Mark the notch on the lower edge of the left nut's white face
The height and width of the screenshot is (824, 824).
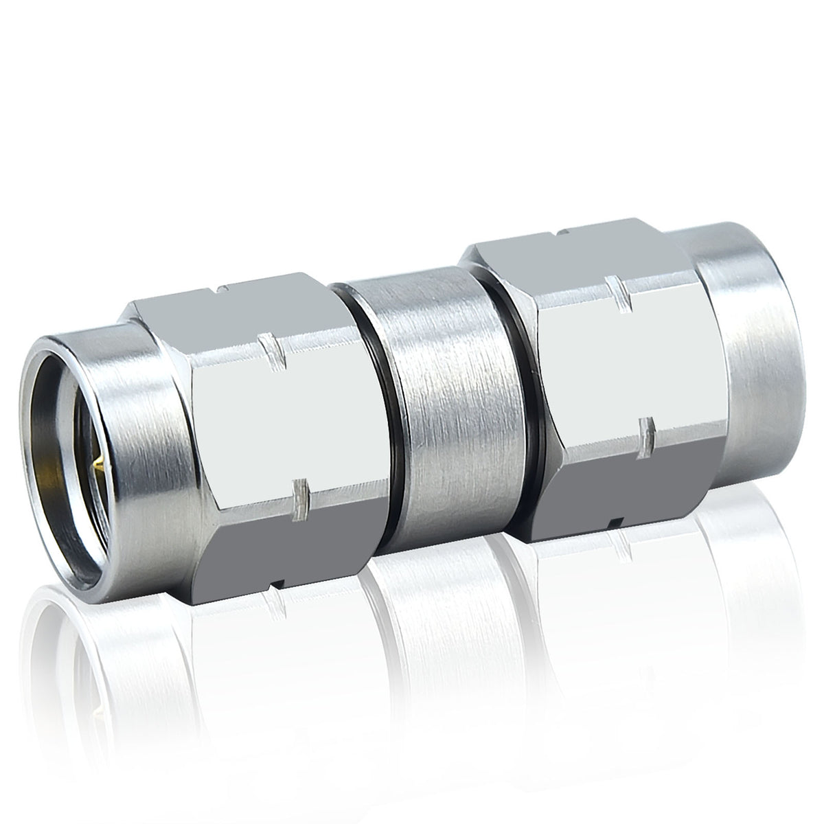(300, 495)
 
